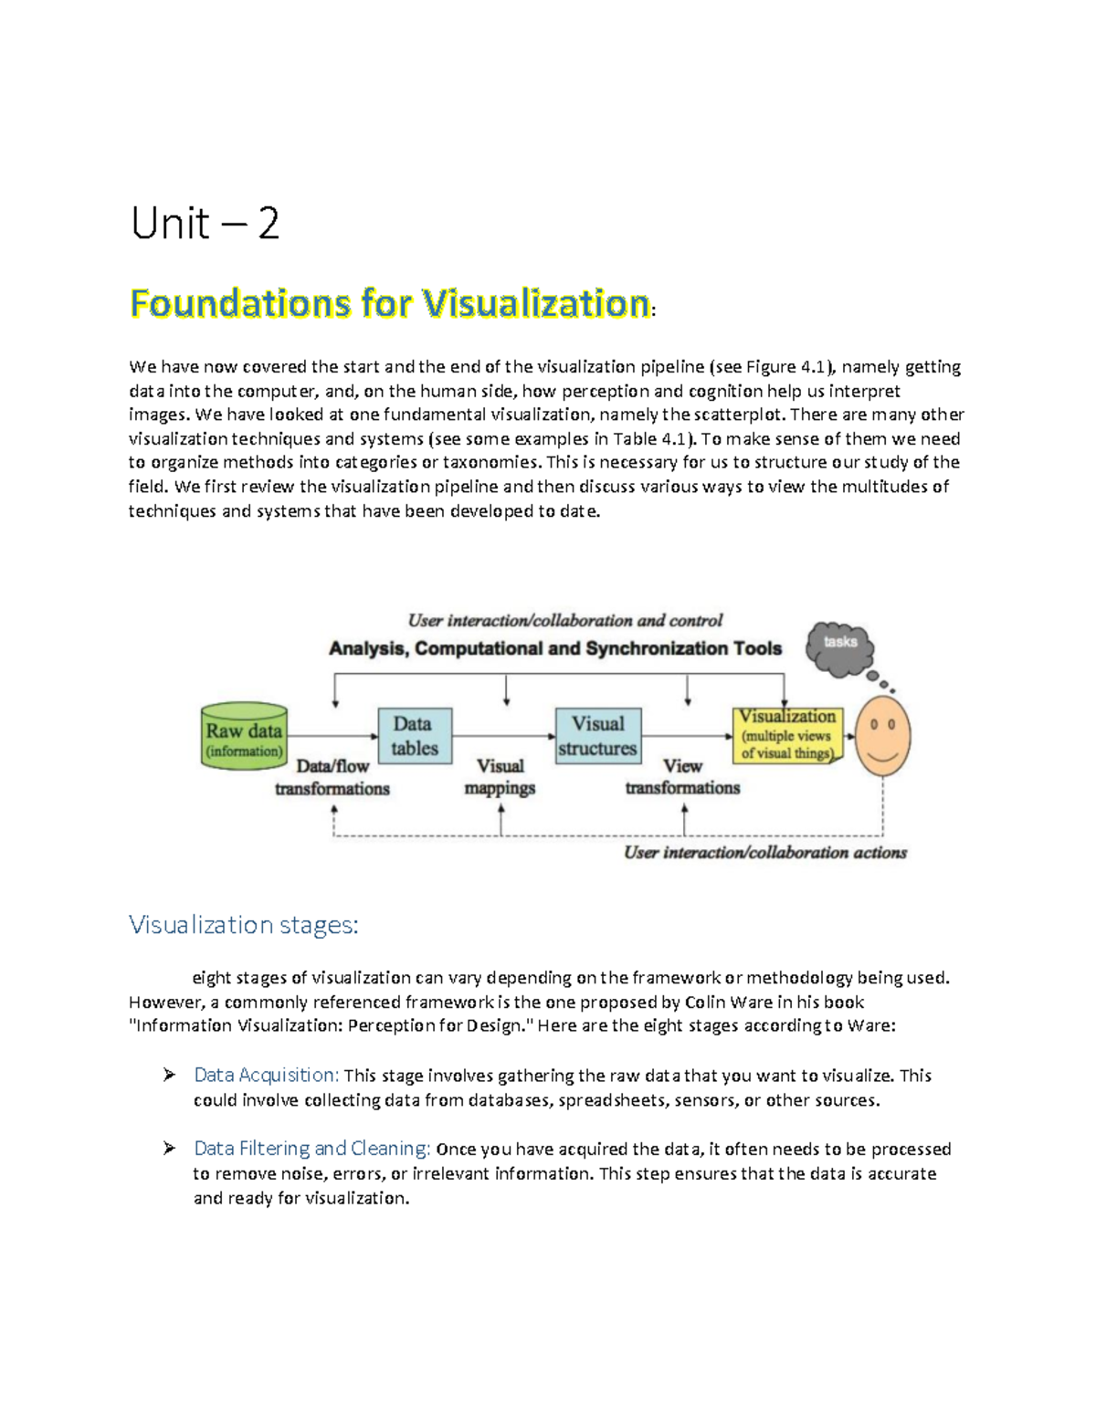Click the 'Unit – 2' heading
click(205, 224)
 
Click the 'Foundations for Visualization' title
click(390, 303)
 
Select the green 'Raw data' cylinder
click(244, 737)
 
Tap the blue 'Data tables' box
click(415, 736)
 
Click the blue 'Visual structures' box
click(598, 736)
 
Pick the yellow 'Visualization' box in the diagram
click(787, 735)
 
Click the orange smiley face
click(882, 736)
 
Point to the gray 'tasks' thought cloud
click(839, 646)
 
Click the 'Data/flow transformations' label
click(332, 777)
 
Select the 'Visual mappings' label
click(500, 777)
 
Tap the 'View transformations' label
click(682, 776)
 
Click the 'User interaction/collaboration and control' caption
click(565, 621)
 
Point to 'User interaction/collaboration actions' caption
click(765, 853)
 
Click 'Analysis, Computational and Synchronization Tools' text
click(555, 649)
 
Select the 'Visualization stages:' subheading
click(244, 925)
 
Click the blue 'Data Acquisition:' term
click(267, 1076)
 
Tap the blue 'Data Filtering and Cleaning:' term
click(312, 1149)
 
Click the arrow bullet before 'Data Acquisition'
click(170, 1076)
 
